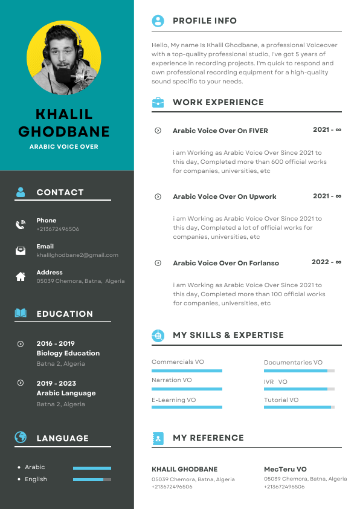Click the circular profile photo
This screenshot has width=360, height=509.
pos(64,59)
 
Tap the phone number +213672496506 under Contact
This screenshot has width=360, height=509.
pos(57,229)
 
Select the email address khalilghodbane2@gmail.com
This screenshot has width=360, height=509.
pos(77,255)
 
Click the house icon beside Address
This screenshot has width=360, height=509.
pos(21,276)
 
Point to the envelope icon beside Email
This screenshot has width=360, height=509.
pos(21,251)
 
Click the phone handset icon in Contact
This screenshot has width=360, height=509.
pos(21,225)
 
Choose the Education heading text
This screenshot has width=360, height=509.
pos(65,314)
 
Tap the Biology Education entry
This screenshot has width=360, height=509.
pos(68,353)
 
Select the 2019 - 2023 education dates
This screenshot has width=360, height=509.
pos(56,383)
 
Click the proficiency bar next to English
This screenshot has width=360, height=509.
pos(92,479)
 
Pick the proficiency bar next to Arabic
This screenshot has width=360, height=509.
pos(92,468)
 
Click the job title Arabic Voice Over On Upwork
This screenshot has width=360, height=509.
pos(224,196)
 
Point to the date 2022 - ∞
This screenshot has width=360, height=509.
pos(326,262)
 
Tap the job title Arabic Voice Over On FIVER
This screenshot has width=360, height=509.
pos(220,131)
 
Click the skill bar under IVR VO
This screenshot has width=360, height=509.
pos(299,389)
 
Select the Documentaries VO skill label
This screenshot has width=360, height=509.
pos(293,362)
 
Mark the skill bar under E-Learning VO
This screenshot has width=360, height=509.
pos(187,407)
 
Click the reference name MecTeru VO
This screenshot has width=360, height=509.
pos(285,469)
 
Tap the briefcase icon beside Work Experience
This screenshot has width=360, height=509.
pos(158,102)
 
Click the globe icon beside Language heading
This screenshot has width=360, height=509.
pos(21,437)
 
